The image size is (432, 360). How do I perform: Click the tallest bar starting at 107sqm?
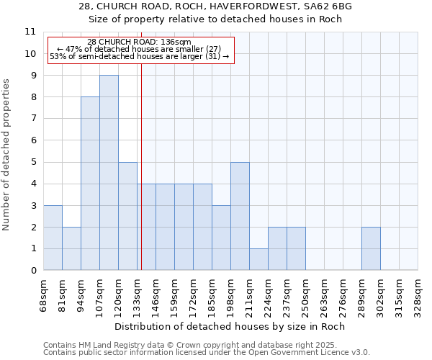click(x=109, y=173)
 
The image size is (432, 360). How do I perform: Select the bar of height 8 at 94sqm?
click(x=90, y=184)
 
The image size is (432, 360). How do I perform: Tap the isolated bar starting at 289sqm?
click(x=371, y=248)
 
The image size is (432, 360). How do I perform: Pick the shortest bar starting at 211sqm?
click(x=258, y=259)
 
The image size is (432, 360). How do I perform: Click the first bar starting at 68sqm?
click(x=53, y=238)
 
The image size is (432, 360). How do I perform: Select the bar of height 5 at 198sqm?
click(x=240, y=216)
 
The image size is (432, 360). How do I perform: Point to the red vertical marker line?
click(x=141, y=180)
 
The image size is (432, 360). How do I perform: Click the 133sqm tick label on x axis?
click(x=137, y=294)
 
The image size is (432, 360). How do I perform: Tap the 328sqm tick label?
click(x=418, y=294)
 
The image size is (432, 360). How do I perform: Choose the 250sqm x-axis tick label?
click(x=305, y=294)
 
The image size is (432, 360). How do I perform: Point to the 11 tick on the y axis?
click(x=30, y=32)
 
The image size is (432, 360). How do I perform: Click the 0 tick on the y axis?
click(x=33, y=271)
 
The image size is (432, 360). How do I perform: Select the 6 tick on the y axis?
click(x=33, y=140)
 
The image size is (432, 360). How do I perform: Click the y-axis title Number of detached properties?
click(x=7, y=155)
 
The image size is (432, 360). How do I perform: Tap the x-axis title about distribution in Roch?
click(x=230, y=326)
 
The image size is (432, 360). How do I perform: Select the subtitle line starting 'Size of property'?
click(x=216, y=19)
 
